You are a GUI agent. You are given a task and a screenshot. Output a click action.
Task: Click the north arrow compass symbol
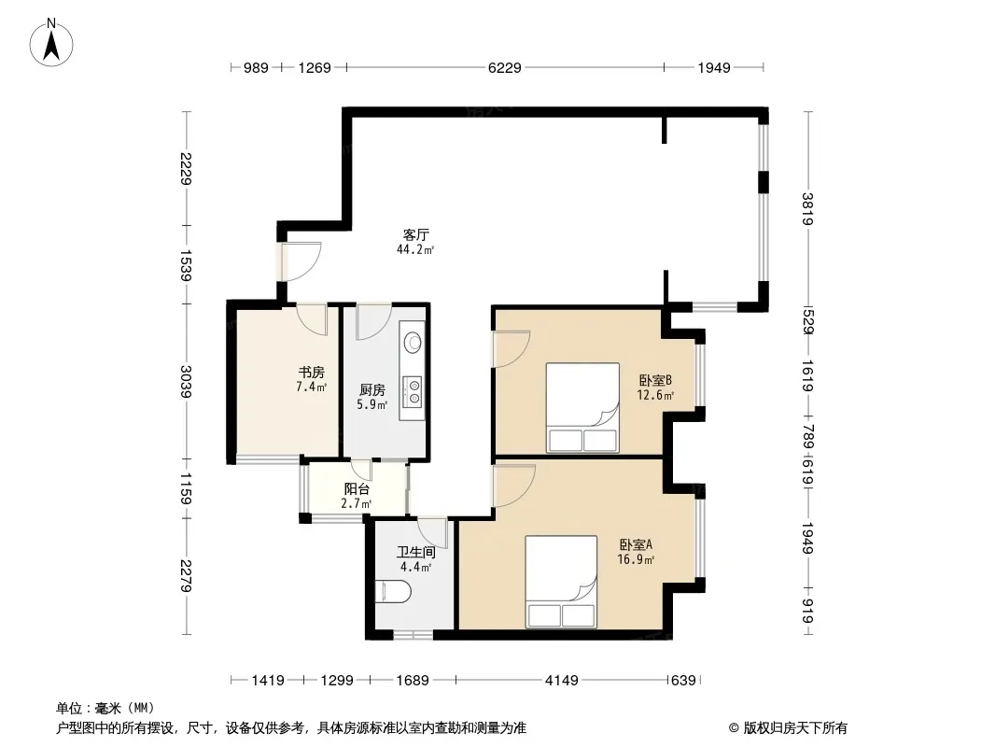(51, 43)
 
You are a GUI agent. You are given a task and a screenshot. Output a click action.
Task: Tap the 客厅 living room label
(415, 234)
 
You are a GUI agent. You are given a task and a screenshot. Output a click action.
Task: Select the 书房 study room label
(312, 372)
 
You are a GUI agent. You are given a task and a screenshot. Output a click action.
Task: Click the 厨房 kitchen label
(371, 389)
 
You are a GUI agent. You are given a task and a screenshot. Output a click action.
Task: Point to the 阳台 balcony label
(357, 488)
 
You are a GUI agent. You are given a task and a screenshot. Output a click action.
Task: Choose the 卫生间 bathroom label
(416, 552)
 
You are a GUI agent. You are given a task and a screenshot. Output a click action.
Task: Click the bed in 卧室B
(582, 407)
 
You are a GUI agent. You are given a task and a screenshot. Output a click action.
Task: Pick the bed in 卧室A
(561, 582)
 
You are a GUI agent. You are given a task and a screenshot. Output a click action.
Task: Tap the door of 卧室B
(512, 348)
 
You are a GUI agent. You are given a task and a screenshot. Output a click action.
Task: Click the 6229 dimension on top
(504, 67)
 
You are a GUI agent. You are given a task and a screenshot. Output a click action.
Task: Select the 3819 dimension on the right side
(807, 209)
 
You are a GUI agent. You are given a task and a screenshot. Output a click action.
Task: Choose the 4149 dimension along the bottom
(562, 681)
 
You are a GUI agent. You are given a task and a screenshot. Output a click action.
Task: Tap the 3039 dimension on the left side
(186, 381)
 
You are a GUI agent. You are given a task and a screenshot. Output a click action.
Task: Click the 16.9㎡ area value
(636, 559)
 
